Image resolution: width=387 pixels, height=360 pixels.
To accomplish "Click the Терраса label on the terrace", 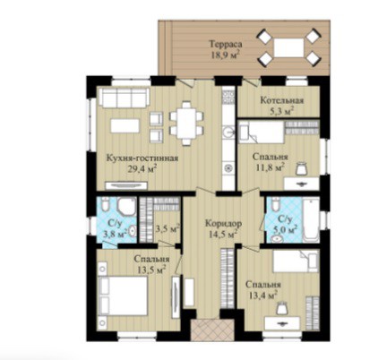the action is click(225, 45).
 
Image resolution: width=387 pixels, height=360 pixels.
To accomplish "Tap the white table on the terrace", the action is click(288, 47).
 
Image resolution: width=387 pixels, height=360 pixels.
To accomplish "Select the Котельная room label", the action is click(282, 100).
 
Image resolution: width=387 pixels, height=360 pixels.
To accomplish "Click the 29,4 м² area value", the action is click(142, 169).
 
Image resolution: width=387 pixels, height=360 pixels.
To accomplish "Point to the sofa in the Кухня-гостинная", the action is click(125, 98).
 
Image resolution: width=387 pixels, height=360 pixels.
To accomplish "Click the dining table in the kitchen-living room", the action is click(186, 123).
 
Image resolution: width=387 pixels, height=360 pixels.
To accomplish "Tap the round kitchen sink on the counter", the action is click(229, 132).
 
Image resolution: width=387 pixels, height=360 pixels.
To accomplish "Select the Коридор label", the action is click(223, 223).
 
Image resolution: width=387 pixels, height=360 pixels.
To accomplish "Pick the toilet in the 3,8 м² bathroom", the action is click(105, 204).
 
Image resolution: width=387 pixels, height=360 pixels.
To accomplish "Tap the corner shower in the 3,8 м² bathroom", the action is click(126, 206).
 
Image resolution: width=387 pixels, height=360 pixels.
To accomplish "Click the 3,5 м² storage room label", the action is click(168, 228).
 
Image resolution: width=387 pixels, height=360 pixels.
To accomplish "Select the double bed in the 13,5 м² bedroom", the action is click(124, 296).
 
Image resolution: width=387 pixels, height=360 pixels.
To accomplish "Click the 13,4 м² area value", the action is click(262, 295).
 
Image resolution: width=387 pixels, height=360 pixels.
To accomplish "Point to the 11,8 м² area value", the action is click(270, 167).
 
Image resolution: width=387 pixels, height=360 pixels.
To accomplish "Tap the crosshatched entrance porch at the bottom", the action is click(212, 330).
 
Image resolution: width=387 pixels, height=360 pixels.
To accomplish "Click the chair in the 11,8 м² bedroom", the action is click(302, 169).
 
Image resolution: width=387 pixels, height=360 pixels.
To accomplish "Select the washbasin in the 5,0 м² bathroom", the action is click(278, 238).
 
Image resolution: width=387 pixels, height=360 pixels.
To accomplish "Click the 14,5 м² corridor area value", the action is click(223, 234).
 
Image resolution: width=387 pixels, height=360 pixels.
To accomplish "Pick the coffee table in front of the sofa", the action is click(125, 125).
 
